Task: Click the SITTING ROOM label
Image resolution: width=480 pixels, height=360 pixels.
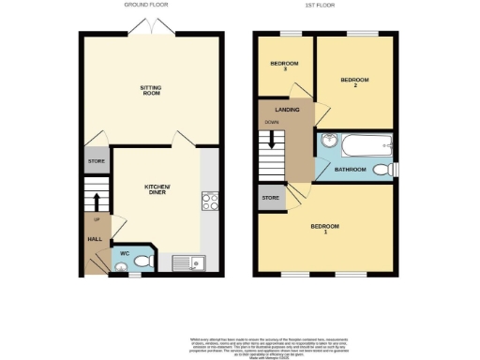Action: tap(151, 91)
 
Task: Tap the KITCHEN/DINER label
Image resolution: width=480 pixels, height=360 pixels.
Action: tap(156, 190)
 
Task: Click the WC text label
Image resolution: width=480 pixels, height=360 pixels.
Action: tap(123, 253)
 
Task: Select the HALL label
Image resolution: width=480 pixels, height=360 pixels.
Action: tap(95, 239)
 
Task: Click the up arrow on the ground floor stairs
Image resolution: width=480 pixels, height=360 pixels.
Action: tap(94, 201)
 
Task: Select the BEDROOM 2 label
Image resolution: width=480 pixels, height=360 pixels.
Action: tap(352, 82)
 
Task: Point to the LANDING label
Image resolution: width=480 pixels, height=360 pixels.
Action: tap(287, 110)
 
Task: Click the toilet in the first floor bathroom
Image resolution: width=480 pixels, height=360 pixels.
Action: tap(382, 170)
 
